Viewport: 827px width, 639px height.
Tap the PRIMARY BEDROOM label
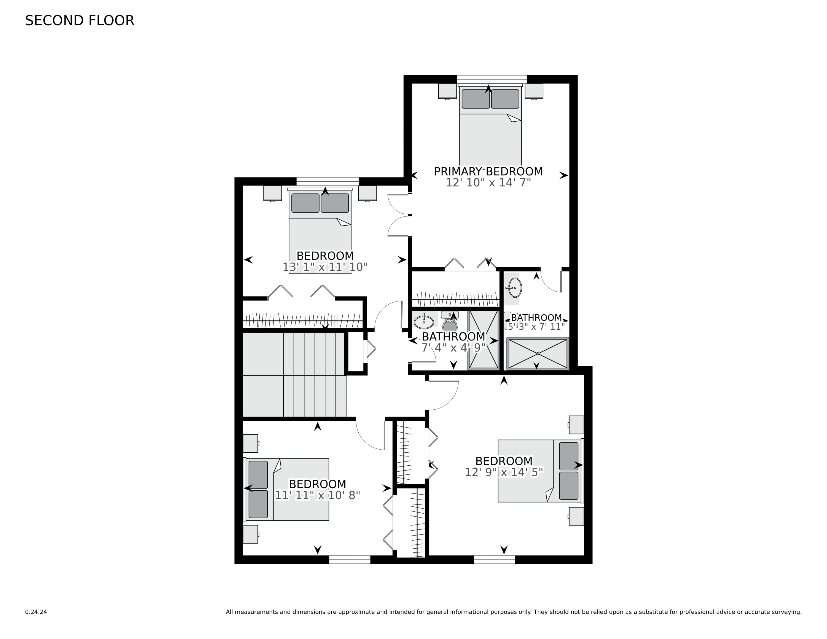(488, 171)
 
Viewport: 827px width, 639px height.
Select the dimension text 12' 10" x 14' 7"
(488, 183)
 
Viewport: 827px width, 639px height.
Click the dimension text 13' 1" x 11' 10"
(325, 267)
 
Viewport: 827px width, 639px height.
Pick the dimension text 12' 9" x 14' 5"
(504, 472)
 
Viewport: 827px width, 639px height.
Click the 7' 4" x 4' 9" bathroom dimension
(453, 348)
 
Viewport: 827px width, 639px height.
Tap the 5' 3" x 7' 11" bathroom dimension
(536, 326)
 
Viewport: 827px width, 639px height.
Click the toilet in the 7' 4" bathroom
(450, 321)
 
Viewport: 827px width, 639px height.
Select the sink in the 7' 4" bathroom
(424, 322)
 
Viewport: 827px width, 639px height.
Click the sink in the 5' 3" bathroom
(514, 288)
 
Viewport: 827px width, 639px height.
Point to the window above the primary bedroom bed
(492, 79)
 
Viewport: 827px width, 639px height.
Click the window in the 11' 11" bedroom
(350, 560)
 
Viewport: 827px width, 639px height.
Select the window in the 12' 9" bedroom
(494, 560)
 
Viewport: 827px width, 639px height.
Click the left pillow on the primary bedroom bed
(476, 99)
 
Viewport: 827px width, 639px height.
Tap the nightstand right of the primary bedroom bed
(534, 91)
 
